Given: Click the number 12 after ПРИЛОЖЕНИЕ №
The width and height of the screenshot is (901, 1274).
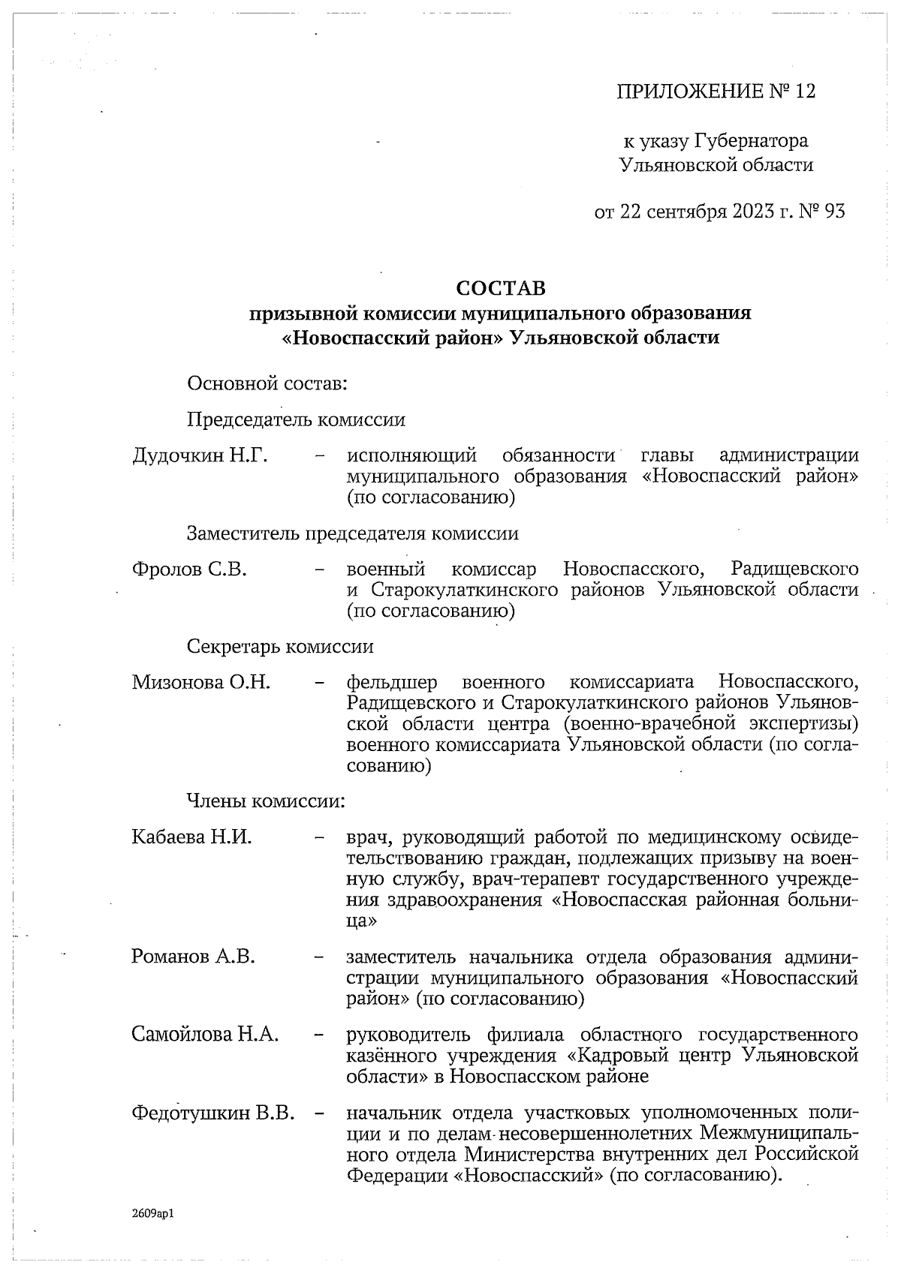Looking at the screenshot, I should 803,92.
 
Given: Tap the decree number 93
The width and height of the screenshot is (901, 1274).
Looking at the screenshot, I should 834,212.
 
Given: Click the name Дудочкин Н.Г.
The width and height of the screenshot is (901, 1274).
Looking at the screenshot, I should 200,456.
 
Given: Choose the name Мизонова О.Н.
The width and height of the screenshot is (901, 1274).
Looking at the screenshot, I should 201,683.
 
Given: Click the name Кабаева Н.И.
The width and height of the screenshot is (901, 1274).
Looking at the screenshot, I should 191,837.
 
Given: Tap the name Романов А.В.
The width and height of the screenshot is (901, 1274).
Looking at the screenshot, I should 193,957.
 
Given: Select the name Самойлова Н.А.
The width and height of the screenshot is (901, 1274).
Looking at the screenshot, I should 205,1035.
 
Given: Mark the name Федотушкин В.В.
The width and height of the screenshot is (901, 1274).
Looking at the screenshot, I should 213,1113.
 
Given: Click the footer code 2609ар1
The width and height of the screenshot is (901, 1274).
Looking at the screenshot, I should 152,1212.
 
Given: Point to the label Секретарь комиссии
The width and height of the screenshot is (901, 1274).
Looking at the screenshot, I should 279,647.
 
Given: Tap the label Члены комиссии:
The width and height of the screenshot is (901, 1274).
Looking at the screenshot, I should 265,801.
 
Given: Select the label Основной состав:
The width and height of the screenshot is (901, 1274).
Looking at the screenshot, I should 267,384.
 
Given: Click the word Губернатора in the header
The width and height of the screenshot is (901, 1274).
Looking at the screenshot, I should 751,141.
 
